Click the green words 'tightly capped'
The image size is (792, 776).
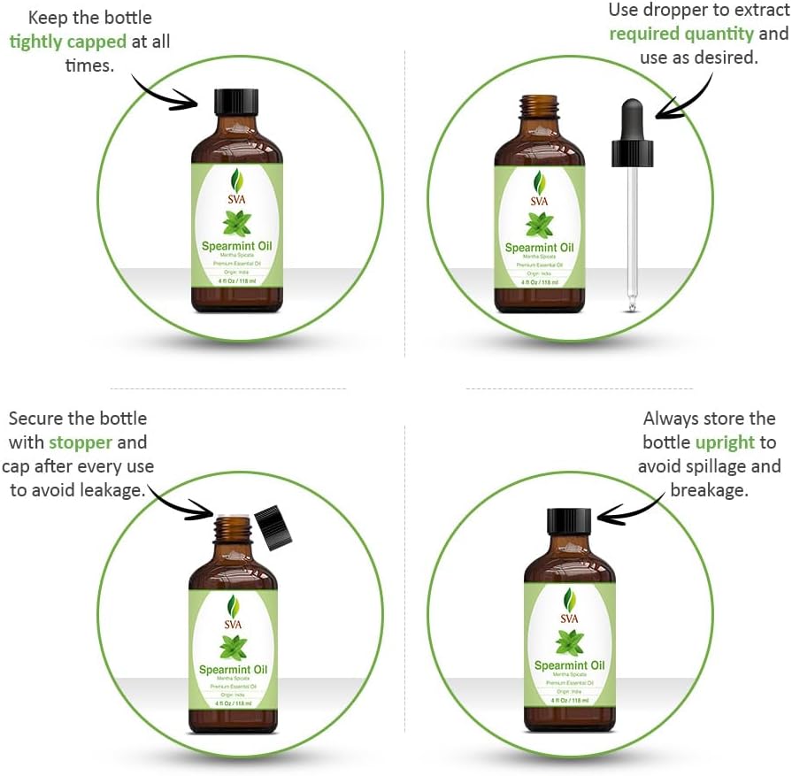point(67,42)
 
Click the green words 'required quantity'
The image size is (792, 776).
point(681,34)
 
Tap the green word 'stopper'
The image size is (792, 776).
point(81,442)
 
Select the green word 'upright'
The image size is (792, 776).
point(725,442)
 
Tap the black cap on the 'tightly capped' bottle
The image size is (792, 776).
point(237,100)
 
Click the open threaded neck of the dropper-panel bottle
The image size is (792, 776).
point(539,108)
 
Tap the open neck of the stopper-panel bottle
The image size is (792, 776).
point(233,529)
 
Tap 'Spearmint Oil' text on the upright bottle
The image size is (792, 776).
point(569,665)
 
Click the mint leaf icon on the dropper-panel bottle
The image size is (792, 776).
point(539,225)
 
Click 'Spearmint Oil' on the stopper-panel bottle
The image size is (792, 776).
point(233,670)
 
